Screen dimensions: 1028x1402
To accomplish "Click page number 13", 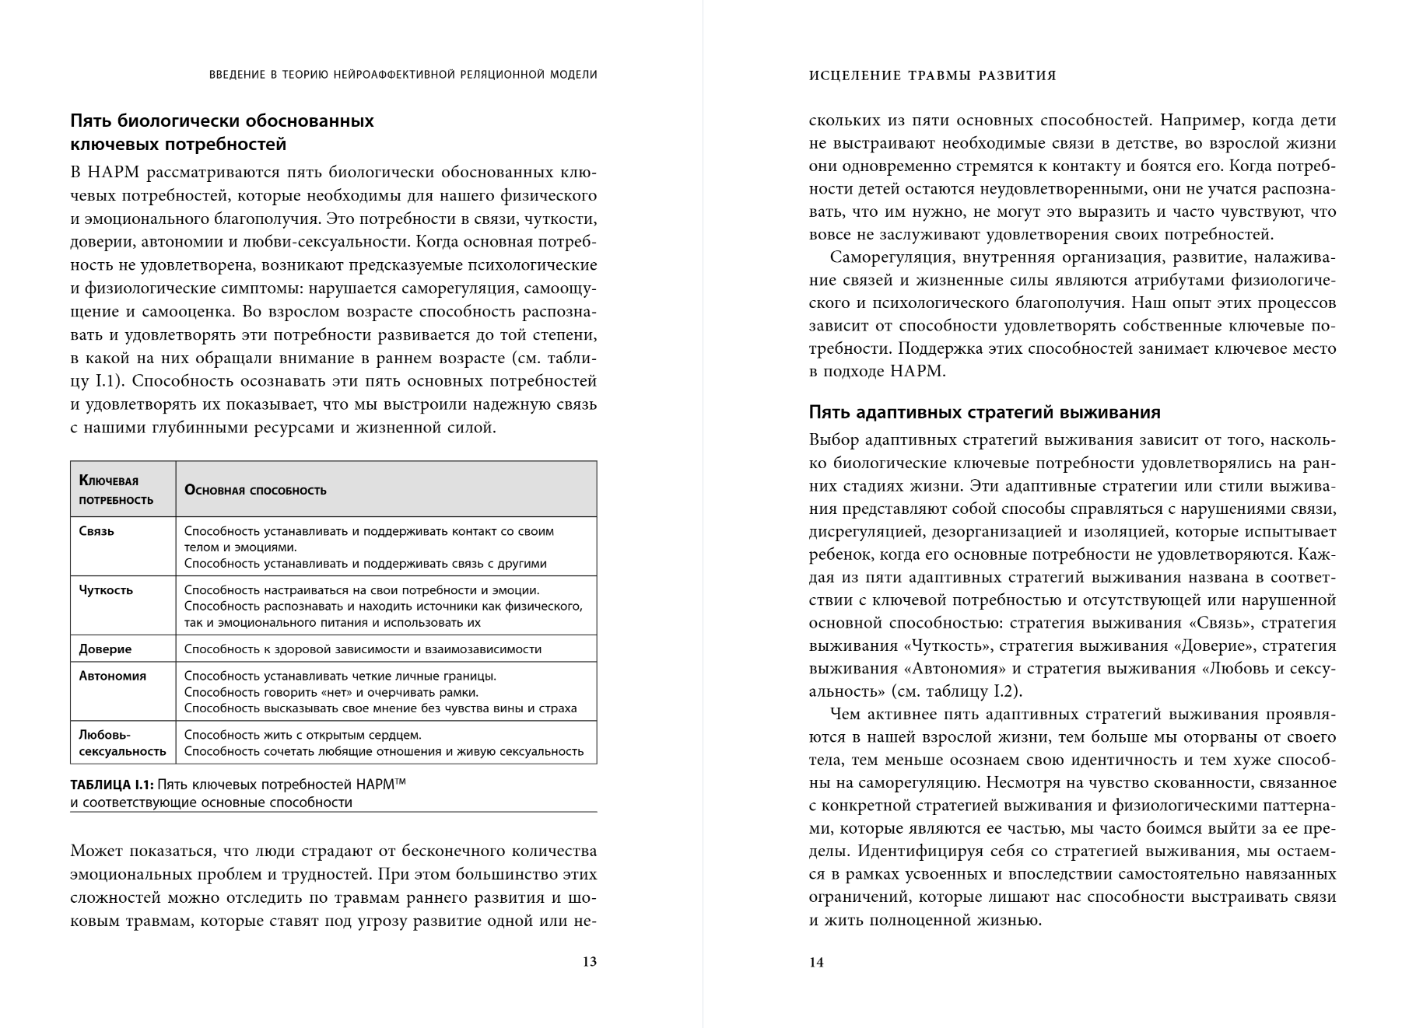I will click(x=589, y=962).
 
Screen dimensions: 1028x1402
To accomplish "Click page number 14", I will click(x=816, y=963).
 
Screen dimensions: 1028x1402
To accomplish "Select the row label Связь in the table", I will click(x=96, y=532).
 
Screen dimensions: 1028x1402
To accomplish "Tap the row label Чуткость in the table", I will click(x=106, y=590).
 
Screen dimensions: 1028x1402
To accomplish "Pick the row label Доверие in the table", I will click(x=105, y=649).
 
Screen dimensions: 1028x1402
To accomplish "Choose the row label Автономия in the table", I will click(x=112, y=676).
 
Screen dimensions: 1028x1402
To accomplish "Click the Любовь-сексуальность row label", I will click(x=122, y=743).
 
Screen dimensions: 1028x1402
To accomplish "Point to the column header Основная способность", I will click(x=254, y=491).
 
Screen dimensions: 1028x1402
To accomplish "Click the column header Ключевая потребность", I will click(x=115, y=490).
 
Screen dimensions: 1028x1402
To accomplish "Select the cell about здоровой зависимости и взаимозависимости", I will click(x=363, y=649).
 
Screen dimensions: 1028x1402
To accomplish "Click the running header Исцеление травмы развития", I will click(x=932, y=75).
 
